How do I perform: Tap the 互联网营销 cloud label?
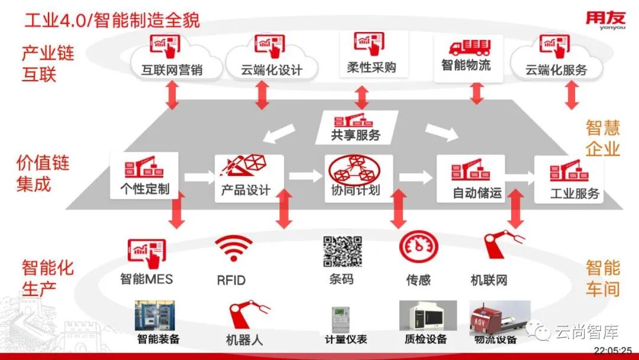tap(172, 70)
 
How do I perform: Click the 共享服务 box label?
tap(356, 135)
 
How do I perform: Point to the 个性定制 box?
tap(144, 175)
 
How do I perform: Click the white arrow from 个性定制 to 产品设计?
tap(198, 176)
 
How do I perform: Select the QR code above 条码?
tap(342, 251)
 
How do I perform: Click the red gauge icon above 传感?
tap(418, 248)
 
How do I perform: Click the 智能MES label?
tap(146, 278)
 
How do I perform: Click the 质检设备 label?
tap(426, 340)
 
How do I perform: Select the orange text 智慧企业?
tap(603, 137)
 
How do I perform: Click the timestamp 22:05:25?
tap(612, 351)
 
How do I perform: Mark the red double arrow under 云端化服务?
tap(572, 95)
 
